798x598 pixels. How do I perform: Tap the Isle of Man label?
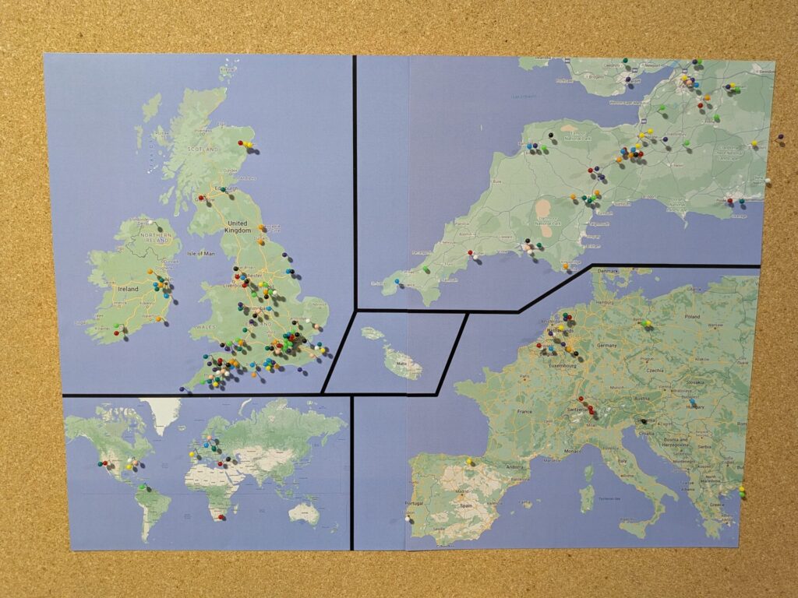coord(201,254)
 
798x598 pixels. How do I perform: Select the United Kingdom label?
coord(238,227)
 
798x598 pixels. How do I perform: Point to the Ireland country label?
coord(128,289)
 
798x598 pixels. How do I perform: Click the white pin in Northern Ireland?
coord(150,223)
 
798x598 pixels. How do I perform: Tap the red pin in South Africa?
coord(221,516)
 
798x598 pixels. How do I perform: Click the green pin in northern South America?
coord(142,487)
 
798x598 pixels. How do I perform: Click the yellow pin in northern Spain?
coord(469,461)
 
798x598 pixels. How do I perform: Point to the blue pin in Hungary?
coord(690,402)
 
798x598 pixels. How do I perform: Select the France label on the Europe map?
coord(524,411)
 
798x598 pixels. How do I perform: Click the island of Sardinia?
coord(586,499)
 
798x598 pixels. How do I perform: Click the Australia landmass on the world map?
coord(302,512)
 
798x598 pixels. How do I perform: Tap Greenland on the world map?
coord(164,413)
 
